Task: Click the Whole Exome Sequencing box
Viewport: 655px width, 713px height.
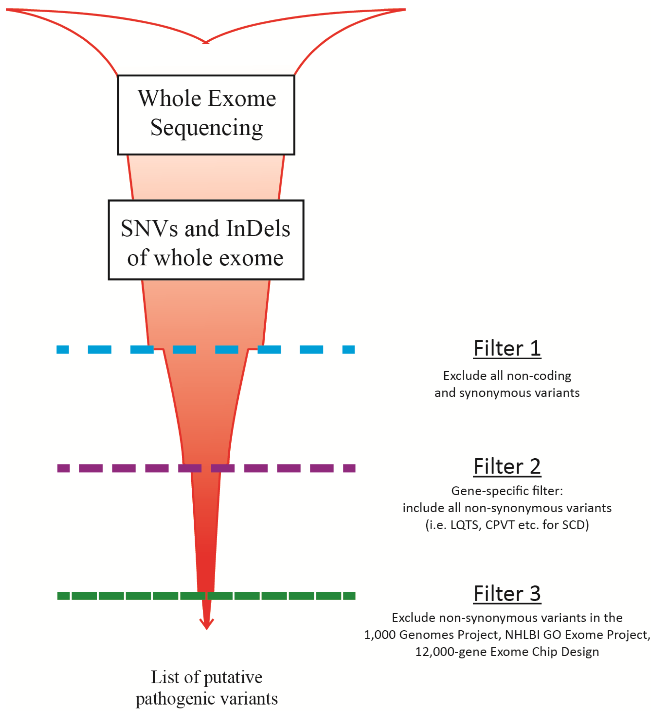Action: click(x=206, y=115)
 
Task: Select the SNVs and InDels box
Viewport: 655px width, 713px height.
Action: click(x=206, y=240)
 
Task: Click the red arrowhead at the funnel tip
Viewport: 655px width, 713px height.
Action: click(x=207, y=624)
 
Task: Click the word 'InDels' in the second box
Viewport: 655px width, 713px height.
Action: click(x=258, y=228)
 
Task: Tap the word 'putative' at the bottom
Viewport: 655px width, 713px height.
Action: click(x=233, y=677)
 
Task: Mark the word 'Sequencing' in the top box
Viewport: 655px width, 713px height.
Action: click(x=207, y=127)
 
